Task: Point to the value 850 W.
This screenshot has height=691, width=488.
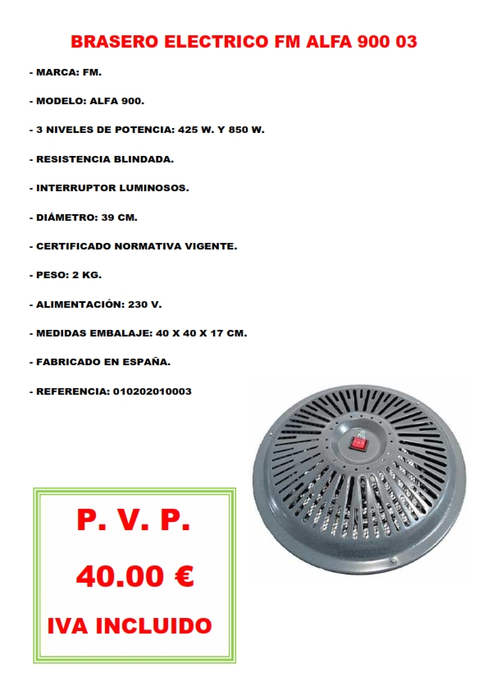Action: (245, 130)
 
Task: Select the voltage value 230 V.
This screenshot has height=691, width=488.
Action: (144, 304)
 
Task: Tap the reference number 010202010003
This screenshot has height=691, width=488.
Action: (150, 391)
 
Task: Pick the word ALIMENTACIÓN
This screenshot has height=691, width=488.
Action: (77, 304)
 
